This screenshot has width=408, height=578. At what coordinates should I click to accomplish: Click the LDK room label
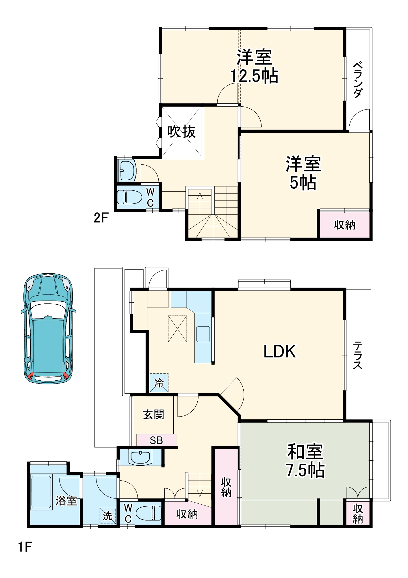tap(280, 352)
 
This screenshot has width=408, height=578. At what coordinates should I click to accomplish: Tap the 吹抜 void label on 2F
tap(181, 132)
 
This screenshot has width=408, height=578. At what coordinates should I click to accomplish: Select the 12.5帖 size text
tap(254, 76)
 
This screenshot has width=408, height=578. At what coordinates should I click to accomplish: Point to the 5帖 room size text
tap(303, 183)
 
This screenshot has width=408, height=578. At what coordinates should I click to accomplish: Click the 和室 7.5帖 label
tap(305, 460)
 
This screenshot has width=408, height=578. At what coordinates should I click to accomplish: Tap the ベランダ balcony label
tap(358, 79)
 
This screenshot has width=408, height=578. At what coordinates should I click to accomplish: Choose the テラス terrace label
tap(358, 355)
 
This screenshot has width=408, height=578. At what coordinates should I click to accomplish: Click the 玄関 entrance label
tap(153, 414)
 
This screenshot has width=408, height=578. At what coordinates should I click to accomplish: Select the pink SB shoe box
tap(156, 440)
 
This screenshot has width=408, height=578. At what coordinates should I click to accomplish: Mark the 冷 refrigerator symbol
tap(159, 383)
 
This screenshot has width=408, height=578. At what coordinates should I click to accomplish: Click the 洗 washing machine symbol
tap(107, 516)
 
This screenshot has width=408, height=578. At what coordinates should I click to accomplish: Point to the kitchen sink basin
tap(203, 334)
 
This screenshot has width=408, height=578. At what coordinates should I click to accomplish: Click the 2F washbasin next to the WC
tap(127, 171)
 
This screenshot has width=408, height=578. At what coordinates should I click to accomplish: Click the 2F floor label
tap(101, 218)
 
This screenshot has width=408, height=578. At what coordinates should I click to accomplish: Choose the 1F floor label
tap(25, 547)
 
